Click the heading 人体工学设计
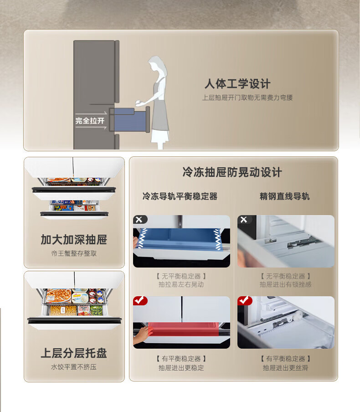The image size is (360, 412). (237, 84)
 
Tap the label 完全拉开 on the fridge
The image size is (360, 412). (90, 121)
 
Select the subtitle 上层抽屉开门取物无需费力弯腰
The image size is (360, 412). (247, 98)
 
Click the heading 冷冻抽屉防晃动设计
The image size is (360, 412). (232, 172)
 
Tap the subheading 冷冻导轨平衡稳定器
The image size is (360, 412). (180, 196)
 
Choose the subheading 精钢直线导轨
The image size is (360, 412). (285, 196)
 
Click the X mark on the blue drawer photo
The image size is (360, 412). (139, 219)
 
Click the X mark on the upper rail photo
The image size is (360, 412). (244, 219)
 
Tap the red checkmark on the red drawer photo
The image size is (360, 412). (140, 300)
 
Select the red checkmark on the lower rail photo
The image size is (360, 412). (244, 300)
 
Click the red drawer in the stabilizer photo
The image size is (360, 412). (183, 329)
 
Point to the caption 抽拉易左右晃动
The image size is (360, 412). (181, 284)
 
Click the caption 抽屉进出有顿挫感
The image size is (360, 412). (286, 284)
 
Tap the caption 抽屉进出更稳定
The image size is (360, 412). (181, 368)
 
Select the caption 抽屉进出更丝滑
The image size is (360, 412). (286, 368)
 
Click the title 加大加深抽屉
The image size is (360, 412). (74, 240)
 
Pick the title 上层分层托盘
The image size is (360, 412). (74, 353)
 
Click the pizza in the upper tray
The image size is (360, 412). (59, 296)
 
